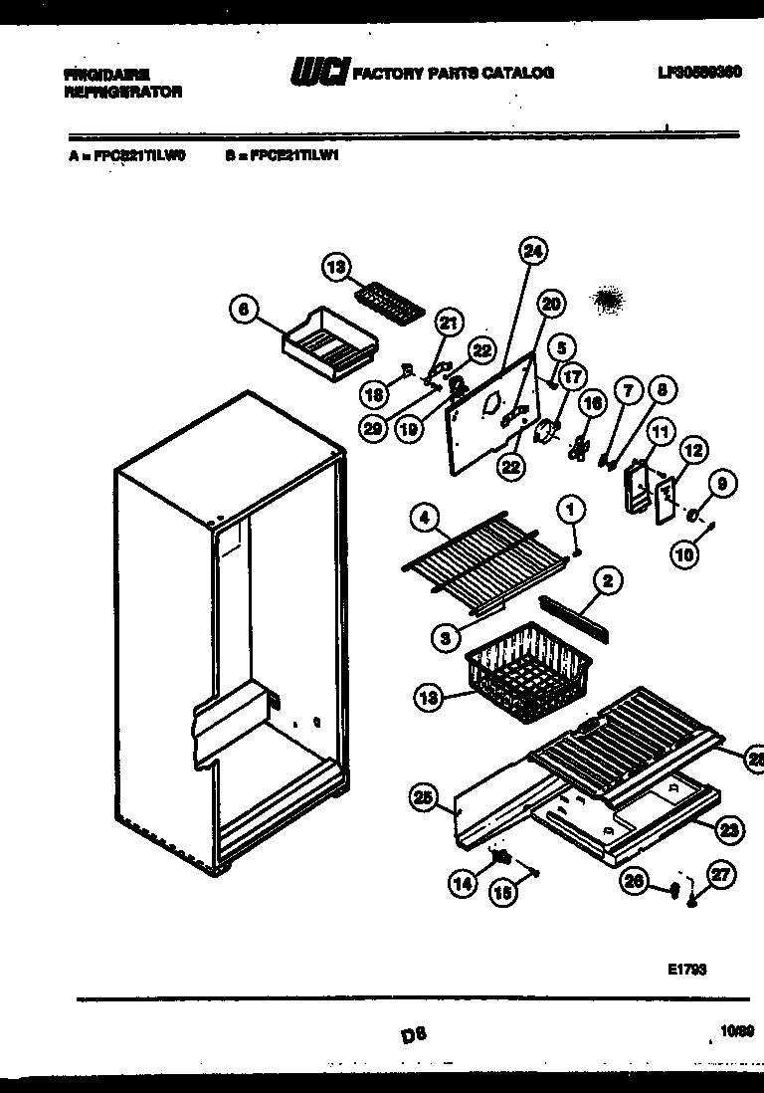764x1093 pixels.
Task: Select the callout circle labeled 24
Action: pos(532,252)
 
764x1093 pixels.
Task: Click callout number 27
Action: pos(721,875)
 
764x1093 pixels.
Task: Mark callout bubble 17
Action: pos(573,378)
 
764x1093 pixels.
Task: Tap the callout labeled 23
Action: pos(729,827)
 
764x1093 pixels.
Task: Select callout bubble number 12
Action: pos(693,450)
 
